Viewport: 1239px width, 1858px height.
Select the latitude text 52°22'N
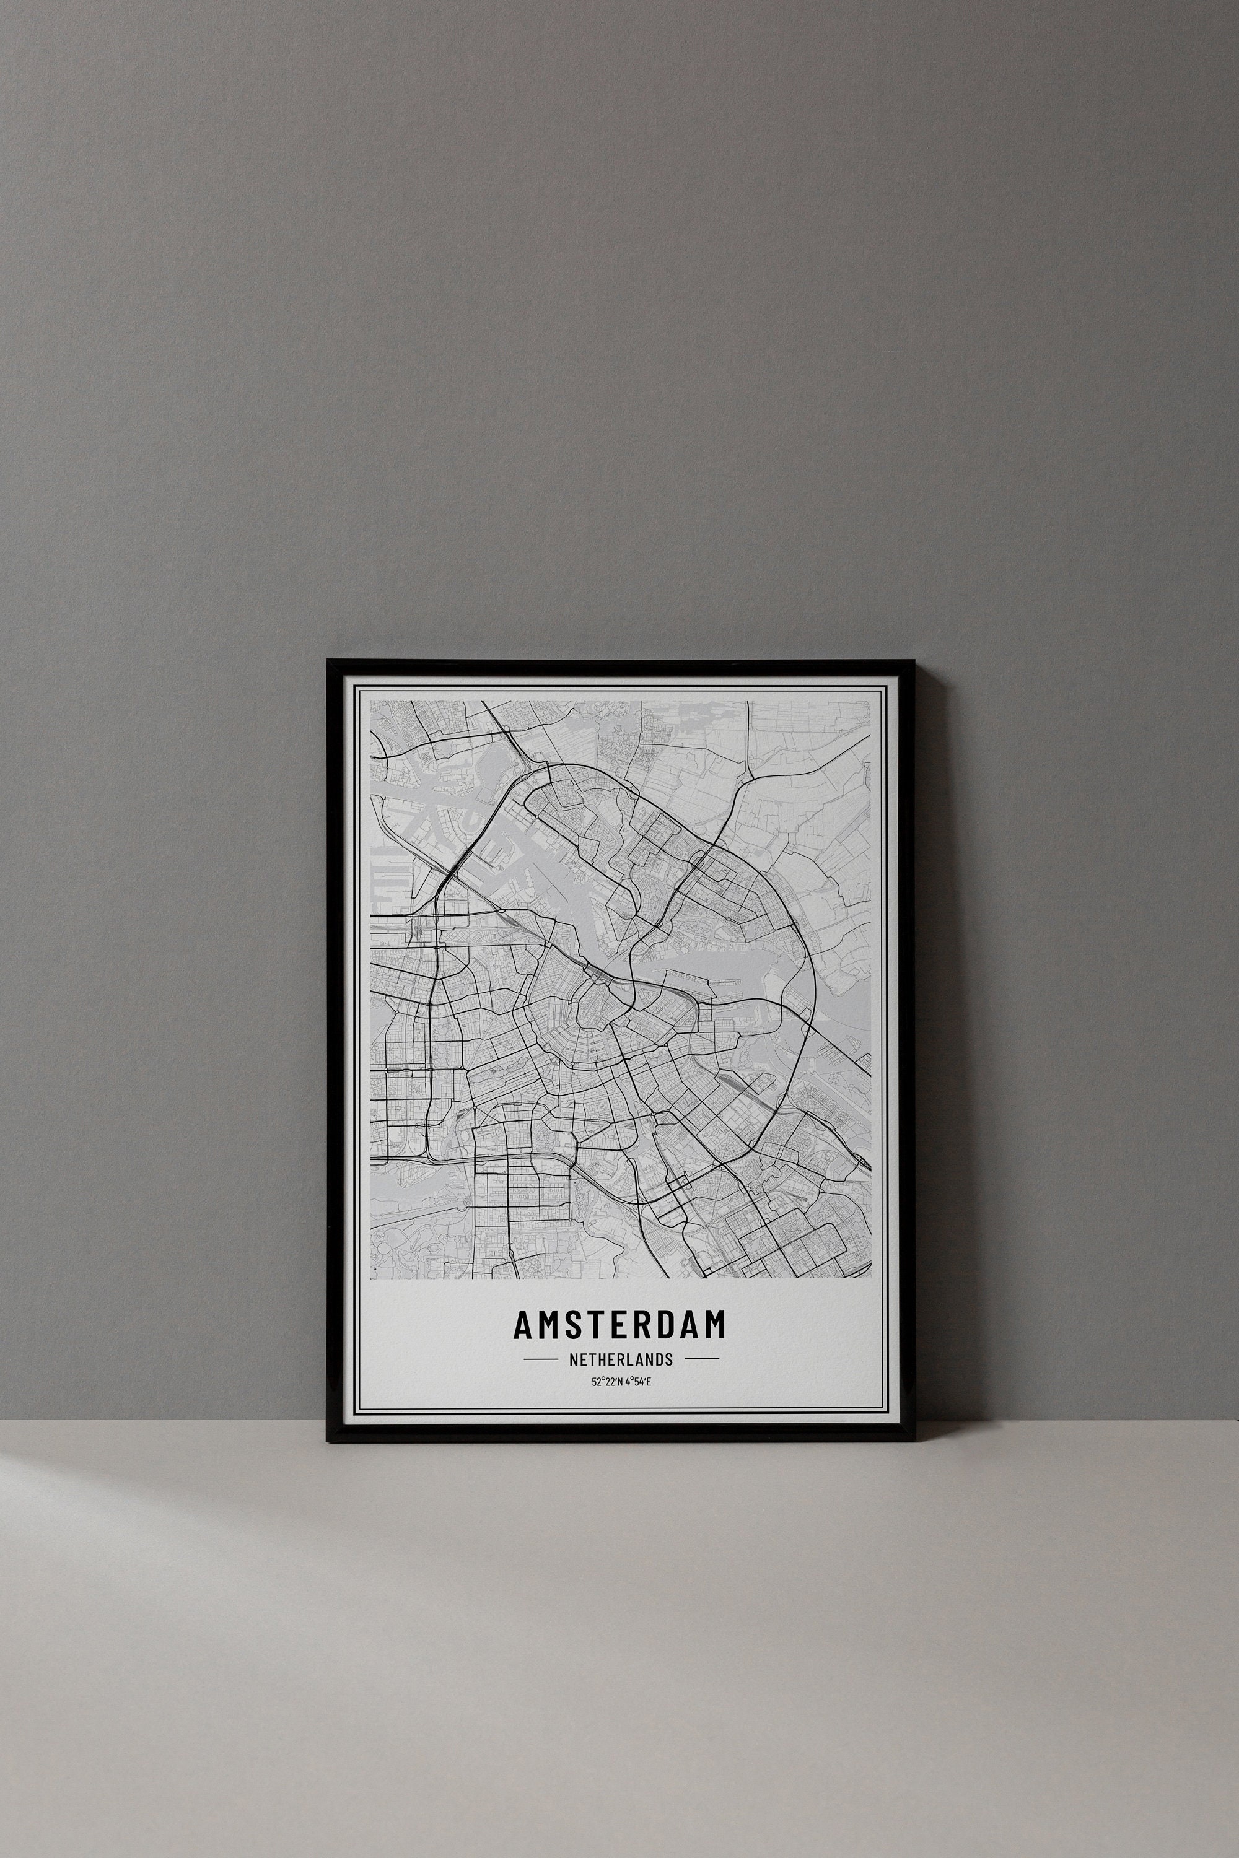pyautogui.click(x=605, y=1382)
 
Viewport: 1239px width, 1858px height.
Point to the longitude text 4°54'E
pyautogui.click(x=636, y=1382)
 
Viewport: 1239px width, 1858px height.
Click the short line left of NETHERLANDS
pyautogui.click(x=541, y=1359)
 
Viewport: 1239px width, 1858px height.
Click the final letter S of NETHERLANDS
pyautogui.click(x=668, y=1359)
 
